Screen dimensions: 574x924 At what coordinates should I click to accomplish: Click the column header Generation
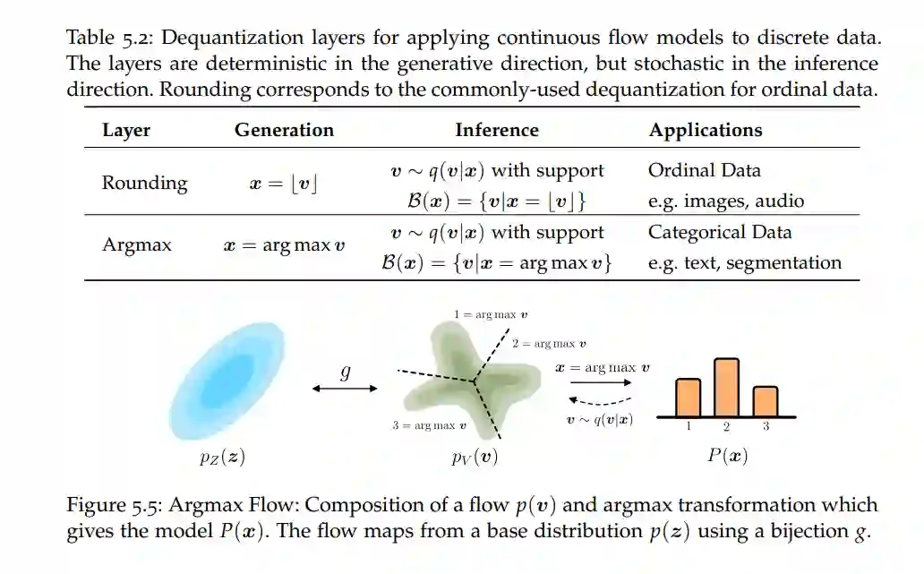(x=284, y=130)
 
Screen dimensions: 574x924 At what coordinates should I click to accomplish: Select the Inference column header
(x=496, y=130)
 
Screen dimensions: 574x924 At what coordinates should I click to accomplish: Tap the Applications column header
(x=706, y=130)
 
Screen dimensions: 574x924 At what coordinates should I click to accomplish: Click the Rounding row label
(x=144, y=183)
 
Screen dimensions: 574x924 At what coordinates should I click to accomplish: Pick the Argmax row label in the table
(x=137, y=244)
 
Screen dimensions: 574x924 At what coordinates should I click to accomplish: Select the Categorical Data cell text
(x=720, y=232)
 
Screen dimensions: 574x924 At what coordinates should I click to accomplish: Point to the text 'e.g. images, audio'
(x=726, y=201)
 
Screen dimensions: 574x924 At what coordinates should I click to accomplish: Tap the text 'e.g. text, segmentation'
(x=745, y=262)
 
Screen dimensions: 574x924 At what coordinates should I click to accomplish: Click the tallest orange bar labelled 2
(x=727, y=387)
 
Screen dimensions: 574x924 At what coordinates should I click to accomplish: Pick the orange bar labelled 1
(x=688, y=398)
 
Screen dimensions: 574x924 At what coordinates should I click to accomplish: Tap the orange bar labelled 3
(x=766, y=401)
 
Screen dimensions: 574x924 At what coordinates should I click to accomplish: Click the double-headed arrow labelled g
(x=346, y=388)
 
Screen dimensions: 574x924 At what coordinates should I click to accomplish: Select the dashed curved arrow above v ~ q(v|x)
(x=601, y=400)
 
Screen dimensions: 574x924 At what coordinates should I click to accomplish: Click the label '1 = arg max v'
(x=491, y=314)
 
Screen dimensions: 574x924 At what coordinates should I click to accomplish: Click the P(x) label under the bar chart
(x=727, y=455)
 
